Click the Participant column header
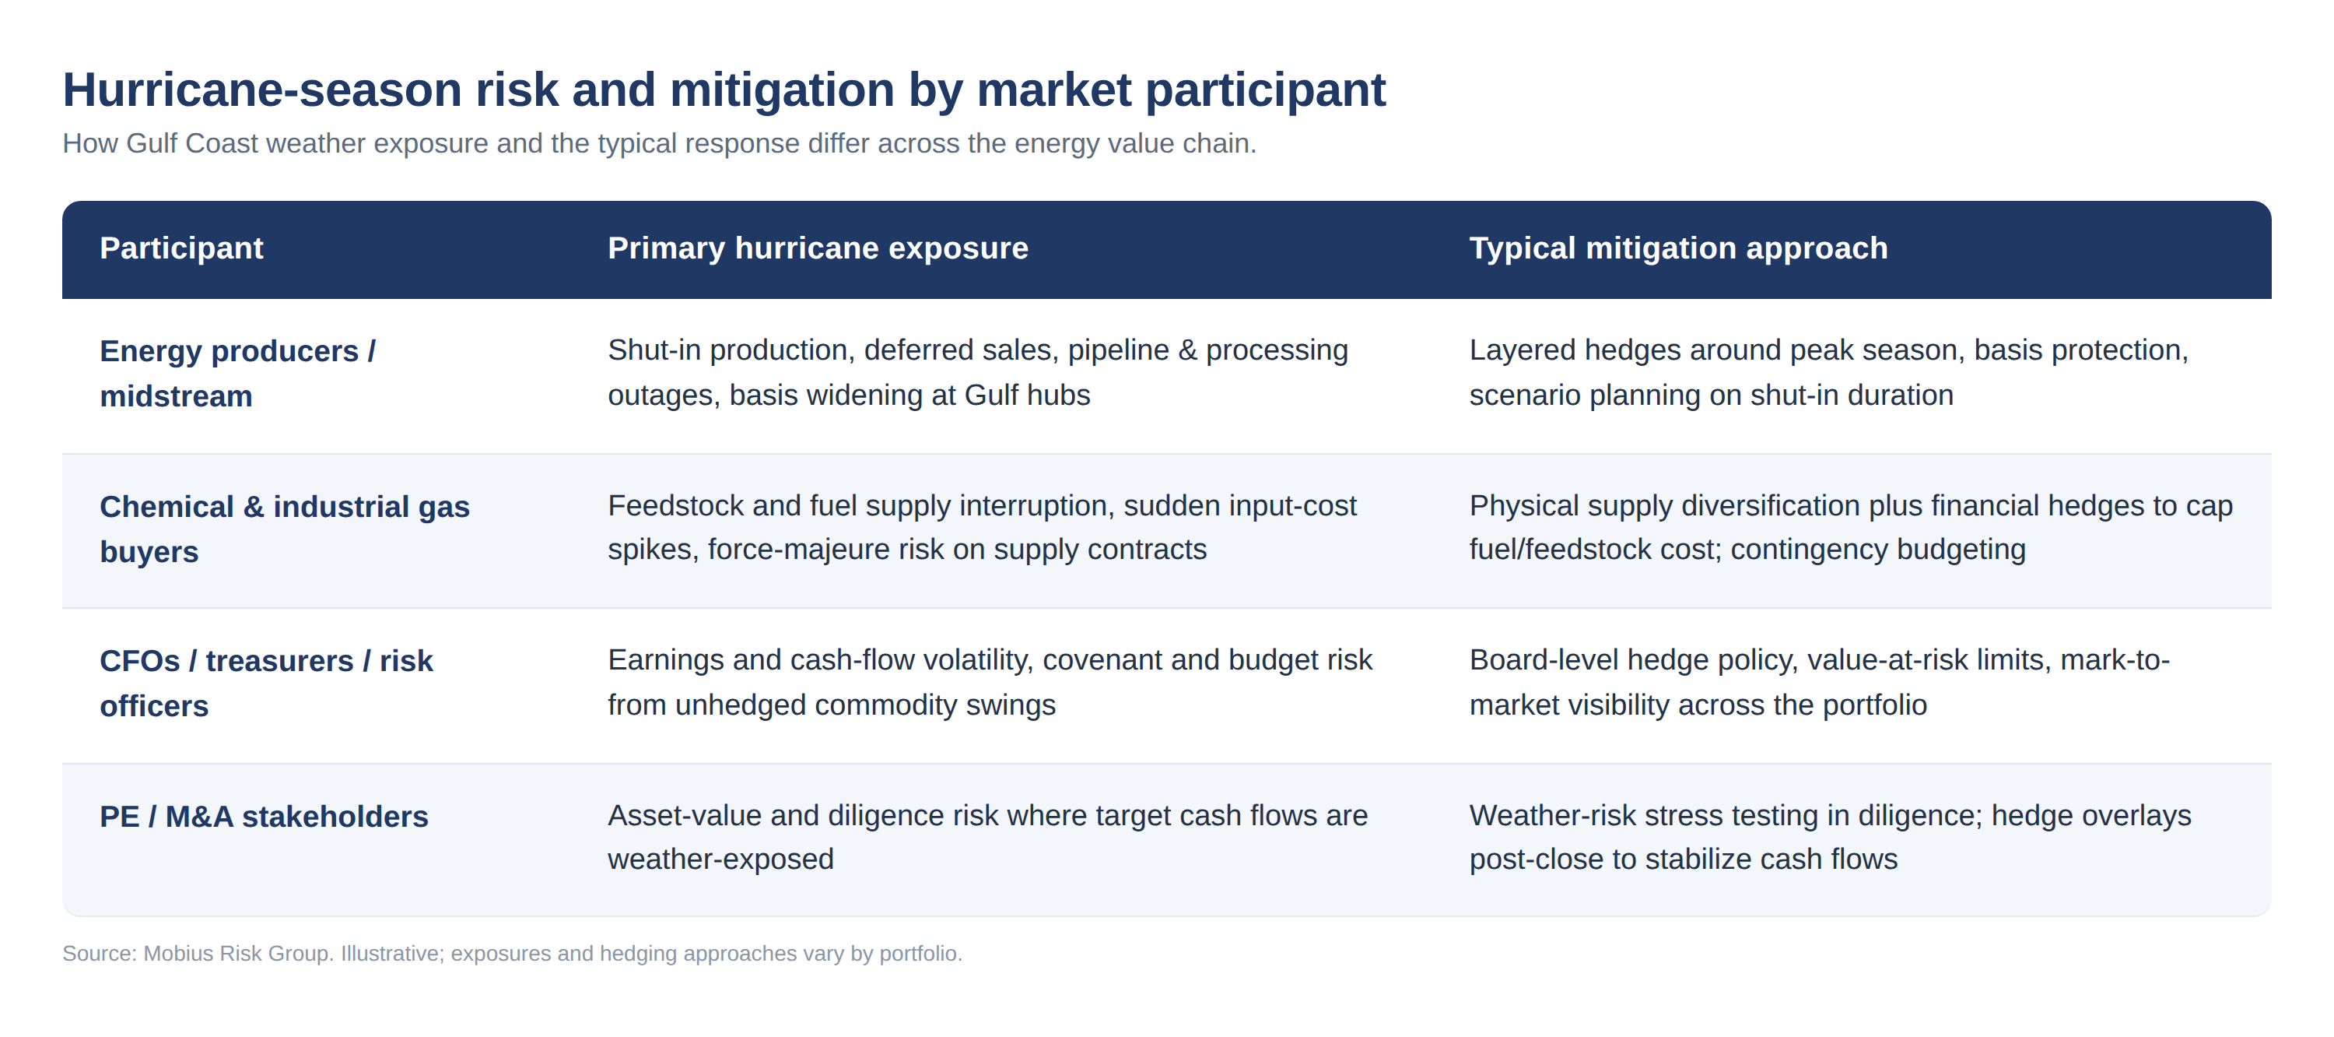181,248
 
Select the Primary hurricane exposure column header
818,248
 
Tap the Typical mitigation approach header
1678,248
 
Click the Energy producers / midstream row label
237,374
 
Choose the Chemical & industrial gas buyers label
285,529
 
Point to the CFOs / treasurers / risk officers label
266,684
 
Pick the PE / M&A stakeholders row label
264,817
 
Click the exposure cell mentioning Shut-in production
978,373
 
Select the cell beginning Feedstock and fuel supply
982,528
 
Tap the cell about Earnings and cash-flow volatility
990,683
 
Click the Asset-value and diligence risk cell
987,838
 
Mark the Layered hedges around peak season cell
1828,373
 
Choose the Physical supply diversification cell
1851,528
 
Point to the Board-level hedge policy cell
1820,683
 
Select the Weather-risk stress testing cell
1830,838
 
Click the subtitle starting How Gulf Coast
660,143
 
